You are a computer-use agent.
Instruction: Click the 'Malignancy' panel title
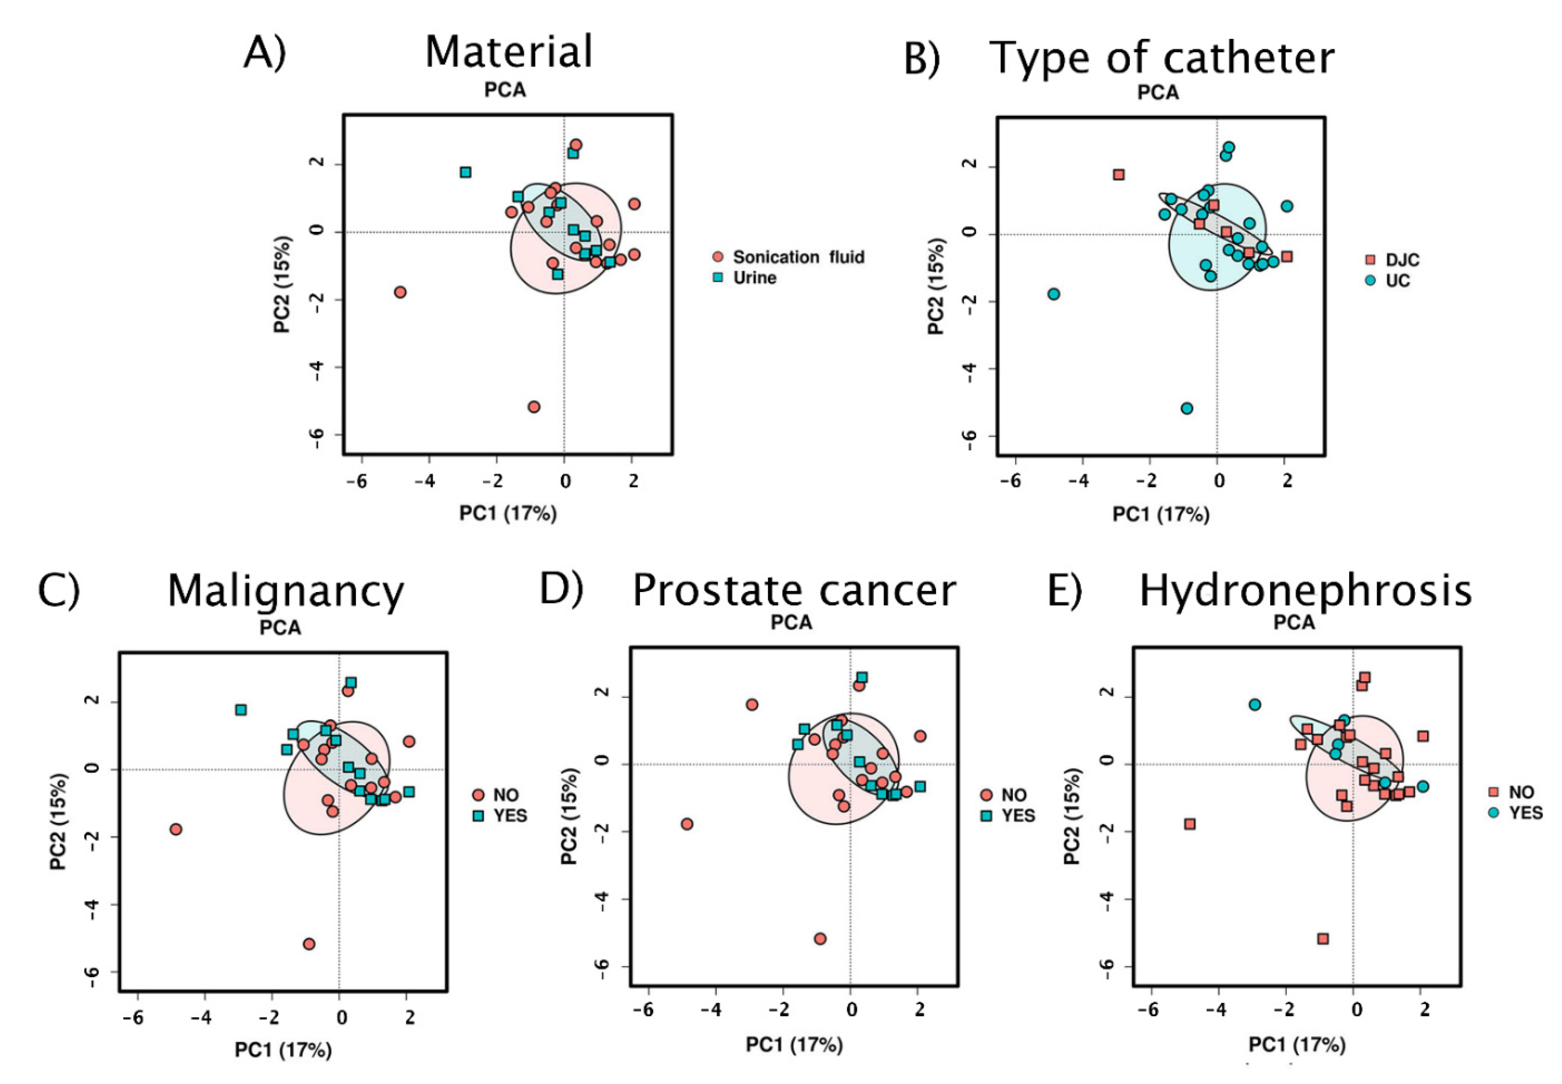coord(286,591)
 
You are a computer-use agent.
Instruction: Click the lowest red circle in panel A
coord(534,407)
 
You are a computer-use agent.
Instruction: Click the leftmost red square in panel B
coord(1119,175)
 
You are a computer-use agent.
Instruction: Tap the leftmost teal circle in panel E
coord(1255,704)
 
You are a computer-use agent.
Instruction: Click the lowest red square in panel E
coord(1322,939)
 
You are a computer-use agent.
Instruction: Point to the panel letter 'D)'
coord(561,588)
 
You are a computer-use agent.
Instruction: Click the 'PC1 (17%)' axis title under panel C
coord(283,1050)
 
